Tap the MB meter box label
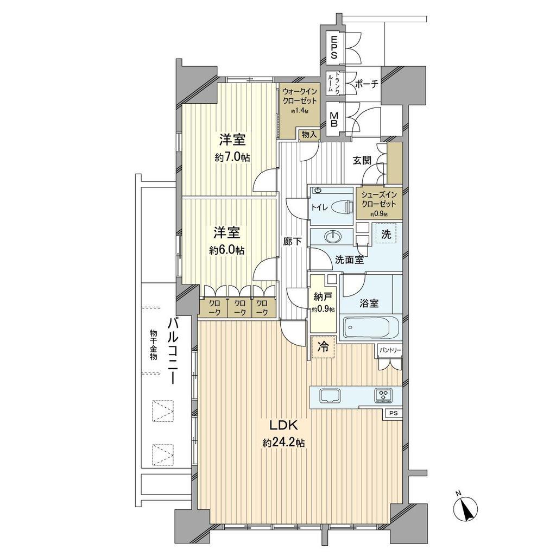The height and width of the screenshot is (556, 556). click(x=333, y=119)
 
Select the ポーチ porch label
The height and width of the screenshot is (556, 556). click(x=367, y=84)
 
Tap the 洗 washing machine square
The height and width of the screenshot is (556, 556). click(x=386, y=233)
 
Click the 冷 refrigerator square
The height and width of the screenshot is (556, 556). click(x=323, y=346)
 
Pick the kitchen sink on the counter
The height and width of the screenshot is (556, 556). click(x=331, y=395)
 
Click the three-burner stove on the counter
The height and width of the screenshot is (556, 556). click(x=384, y=395)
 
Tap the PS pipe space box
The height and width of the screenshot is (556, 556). click(x=394, y=413)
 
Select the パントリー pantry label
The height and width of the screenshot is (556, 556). click(x=390, y=350)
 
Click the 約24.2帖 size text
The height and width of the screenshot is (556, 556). click(x=283, y=443)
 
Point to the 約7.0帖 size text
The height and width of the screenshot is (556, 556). click(x=232, y=157)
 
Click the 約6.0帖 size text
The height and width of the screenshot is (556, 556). click(x=226, y=250)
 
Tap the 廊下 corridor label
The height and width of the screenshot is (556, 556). click(x=293, y=242)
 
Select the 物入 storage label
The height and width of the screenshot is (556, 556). click(x=309, y=135)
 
